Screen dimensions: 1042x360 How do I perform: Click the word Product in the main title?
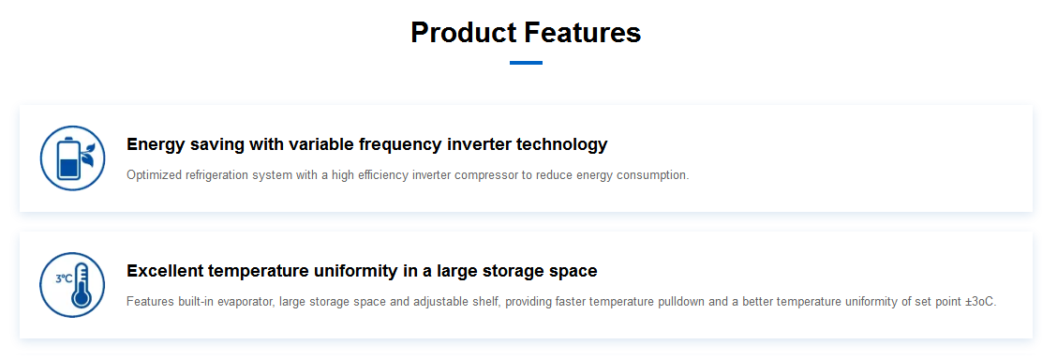tap(463, 33)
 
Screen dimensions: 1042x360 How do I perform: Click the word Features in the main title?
tap(583, 32)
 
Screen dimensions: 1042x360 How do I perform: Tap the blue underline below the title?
tap(527, 63)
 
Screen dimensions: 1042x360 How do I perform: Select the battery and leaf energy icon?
tap(72, 158)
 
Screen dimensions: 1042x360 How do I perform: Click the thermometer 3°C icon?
tap(72, 285)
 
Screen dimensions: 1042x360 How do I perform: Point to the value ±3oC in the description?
tap(981, 302)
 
